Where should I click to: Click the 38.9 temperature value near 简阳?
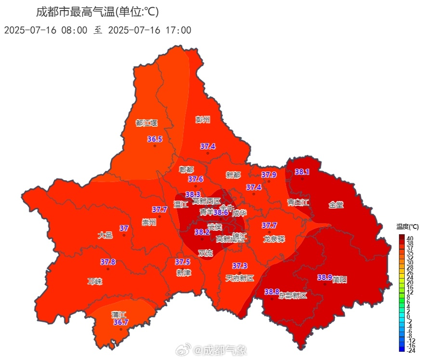324,277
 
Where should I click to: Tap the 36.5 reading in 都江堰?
155,139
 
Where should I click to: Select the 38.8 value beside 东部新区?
272,292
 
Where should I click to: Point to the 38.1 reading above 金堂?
302,172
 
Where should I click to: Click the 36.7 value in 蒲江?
121,322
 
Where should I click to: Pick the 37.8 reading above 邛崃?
107,262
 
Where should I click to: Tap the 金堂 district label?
336,204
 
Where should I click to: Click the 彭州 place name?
203,120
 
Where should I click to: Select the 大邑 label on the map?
105,235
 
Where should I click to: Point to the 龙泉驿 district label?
274,239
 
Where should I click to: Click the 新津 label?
184,272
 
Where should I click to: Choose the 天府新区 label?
239,278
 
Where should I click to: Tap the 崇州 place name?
149,223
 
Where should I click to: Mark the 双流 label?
206,253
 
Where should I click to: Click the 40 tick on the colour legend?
410,239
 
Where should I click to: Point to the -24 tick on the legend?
411,350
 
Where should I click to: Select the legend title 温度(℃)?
408,227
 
